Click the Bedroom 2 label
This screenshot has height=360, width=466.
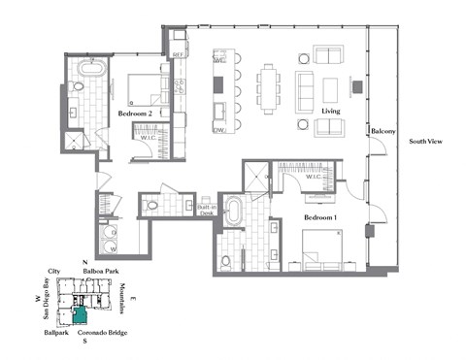coord(132,114)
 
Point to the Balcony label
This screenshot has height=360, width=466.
coord(382,130)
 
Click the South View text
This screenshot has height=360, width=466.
coord(427,143)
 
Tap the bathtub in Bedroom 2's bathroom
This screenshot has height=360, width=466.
coord(92,71)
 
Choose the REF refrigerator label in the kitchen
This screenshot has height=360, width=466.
coord(179,53)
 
